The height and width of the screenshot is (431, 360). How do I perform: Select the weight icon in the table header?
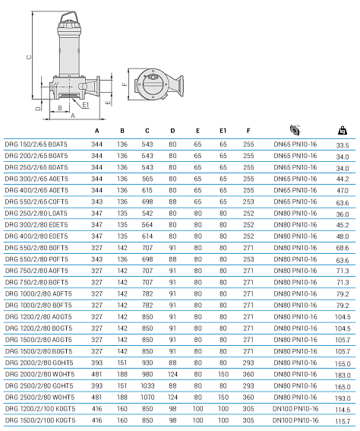click(x=342, y=129)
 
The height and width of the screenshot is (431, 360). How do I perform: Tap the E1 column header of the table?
click(x=223, y=131)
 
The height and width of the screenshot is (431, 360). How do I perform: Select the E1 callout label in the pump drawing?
click(x=86, y=104)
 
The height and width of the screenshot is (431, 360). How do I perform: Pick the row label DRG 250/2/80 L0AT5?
click(x=36, y=214)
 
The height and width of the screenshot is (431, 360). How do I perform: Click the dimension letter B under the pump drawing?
click(x=59, y=109)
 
